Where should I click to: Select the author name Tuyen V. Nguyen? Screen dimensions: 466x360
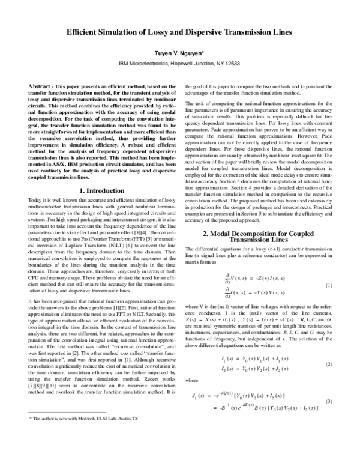click(x=179, y=53)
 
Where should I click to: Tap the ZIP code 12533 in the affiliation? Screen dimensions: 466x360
click(x=230, y=62)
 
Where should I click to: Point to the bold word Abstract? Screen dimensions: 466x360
click(x=39, y=87)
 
